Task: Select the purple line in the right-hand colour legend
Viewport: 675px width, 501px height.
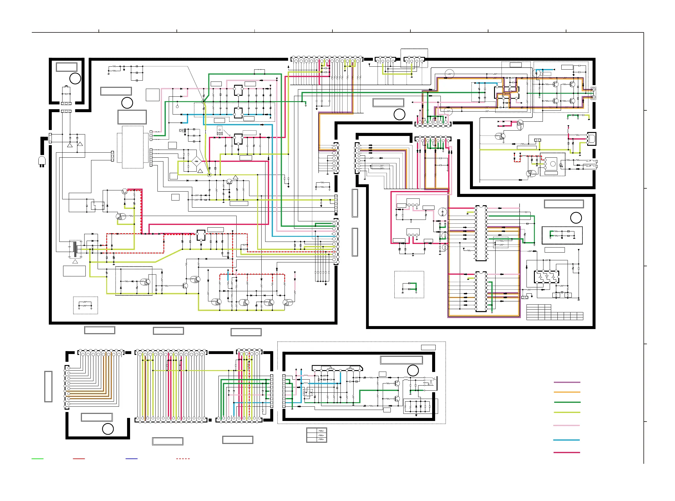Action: click(567, 382)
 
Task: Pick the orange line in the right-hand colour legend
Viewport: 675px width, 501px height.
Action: click(567, 392)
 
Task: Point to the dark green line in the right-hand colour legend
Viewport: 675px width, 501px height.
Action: click(567, 402)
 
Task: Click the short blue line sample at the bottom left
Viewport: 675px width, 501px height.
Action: click(131, 458)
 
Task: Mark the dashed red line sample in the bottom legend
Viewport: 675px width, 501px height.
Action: click(183, 458)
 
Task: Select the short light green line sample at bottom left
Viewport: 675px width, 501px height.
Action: click(37, 458)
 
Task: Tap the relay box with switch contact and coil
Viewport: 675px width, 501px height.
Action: click(98, 206)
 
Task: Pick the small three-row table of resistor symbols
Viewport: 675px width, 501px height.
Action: click(316, 435)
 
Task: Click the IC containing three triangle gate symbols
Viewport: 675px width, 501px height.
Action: click(546, 277)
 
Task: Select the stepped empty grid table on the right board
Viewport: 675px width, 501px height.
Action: click(554, 312)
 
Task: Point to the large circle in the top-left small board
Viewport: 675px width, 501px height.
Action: click(75, 79)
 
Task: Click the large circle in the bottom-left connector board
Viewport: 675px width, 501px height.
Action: click(108, 429)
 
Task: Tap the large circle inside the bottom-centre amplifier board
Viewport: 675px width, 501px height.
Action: click(412, 370)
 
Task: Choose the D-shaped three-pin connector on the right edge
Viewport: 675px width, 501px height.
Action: click(591, 139)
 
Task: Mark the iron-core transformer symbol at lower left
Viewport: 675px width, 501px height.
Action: click(75, 249)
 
